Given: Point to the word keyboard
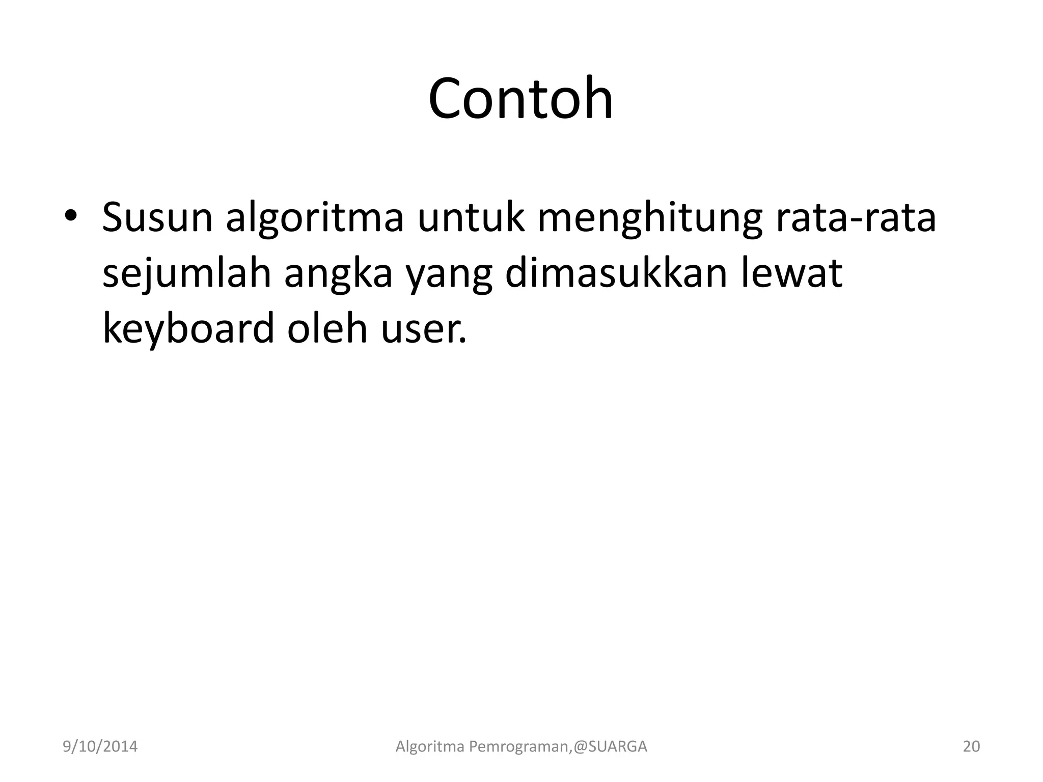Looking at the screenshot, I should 188,329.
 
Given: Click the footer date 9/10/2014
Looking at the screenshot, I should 100,747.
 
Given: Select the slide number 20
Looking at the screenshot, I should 971,747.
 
